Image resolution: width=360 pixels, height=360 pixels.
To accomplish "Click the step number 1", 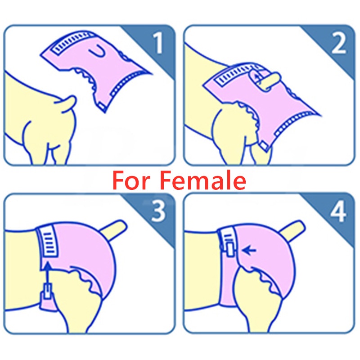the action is [159, 43].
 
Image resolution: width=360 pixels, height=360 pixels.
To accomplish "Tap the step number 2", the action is [338, 43].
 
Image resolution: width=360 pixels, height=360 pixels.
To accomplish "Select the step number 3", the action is [158, 211].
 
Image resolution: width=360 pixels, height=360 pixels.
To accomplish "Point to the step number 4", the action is [338, 211].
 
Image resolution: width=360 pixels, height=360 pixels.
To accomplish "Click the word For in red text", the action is [131, 181].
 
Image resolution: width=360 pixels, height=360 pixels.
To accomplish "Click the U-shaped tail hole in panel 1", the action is [98, 51].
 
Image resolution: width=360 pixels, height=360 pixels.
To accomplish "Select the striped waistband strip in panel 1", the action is [72, 42].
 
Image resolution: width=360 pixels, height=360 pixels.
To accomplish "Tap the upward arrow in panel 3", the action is [48, 275].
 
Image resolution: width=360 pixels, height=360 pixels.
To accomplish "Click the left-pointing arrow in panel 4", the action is [249, 250].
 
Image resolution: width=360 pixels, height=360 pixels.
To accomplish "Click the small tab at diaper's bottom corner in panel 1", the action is [102, 106].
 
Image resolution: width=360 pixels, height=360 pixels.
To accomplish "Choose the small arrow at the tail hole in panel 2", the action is [257, 77].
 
